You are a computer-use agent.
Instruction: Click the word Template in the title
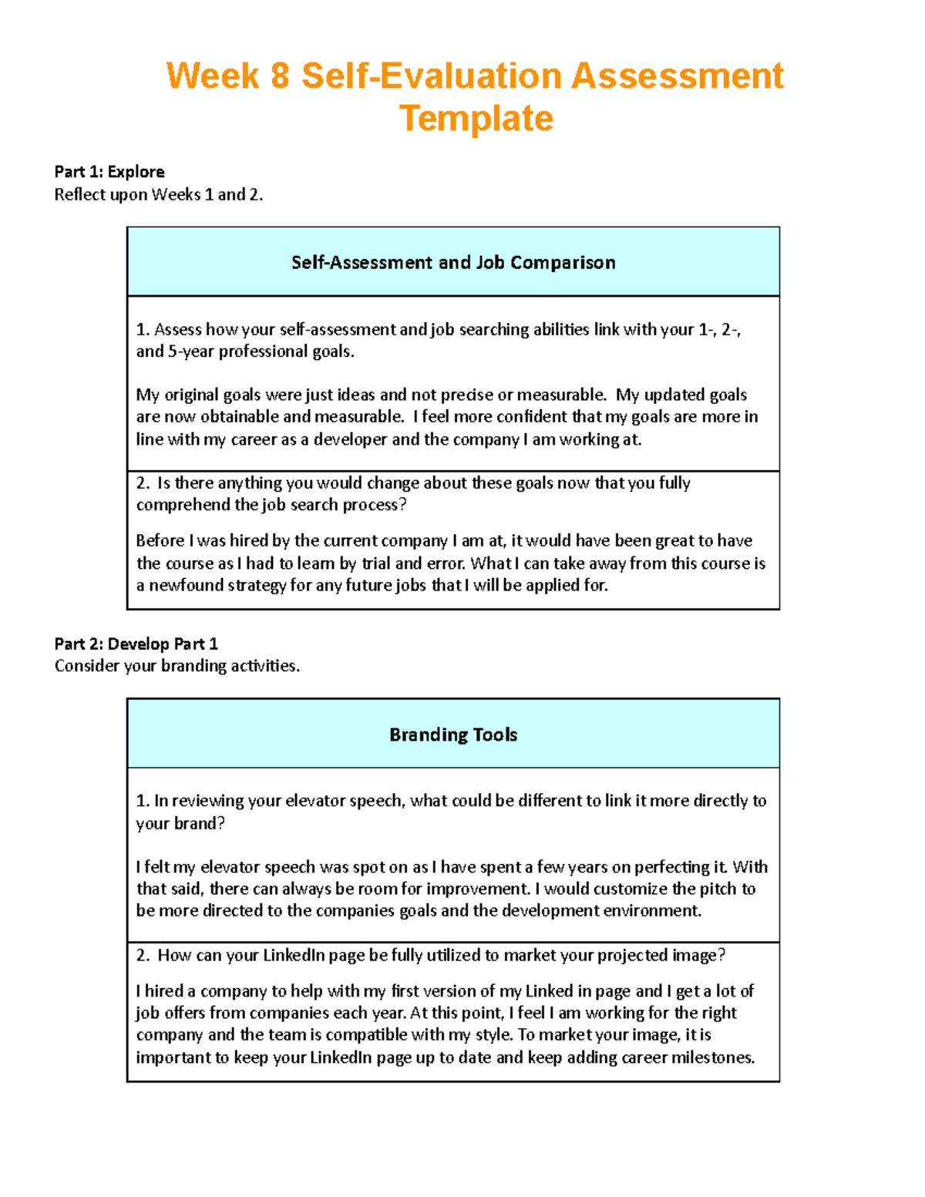click(476, 119)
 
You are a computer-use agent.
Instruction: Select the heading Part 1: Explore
click(109, 171)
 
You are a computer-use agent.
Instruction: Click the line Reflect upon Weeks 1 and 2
click(158, 194)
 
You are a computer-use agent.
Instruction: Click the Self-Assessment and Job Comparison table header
click(452, 262)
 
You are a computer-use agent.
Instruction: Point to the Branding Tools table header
click(452, 735)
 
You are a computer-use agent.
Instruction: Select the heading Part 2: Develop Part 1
click(136, 644)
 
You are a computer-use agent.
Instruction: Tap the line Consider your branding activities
click(177, 666)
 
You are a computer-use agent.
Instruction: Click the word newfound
click(186, 585)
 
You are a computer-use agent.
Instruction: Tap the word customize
click(630, 889)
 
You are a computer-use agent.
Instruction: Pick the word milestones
click(712, 1057)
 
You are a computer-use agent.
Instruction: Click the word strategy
click(257, 585)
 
